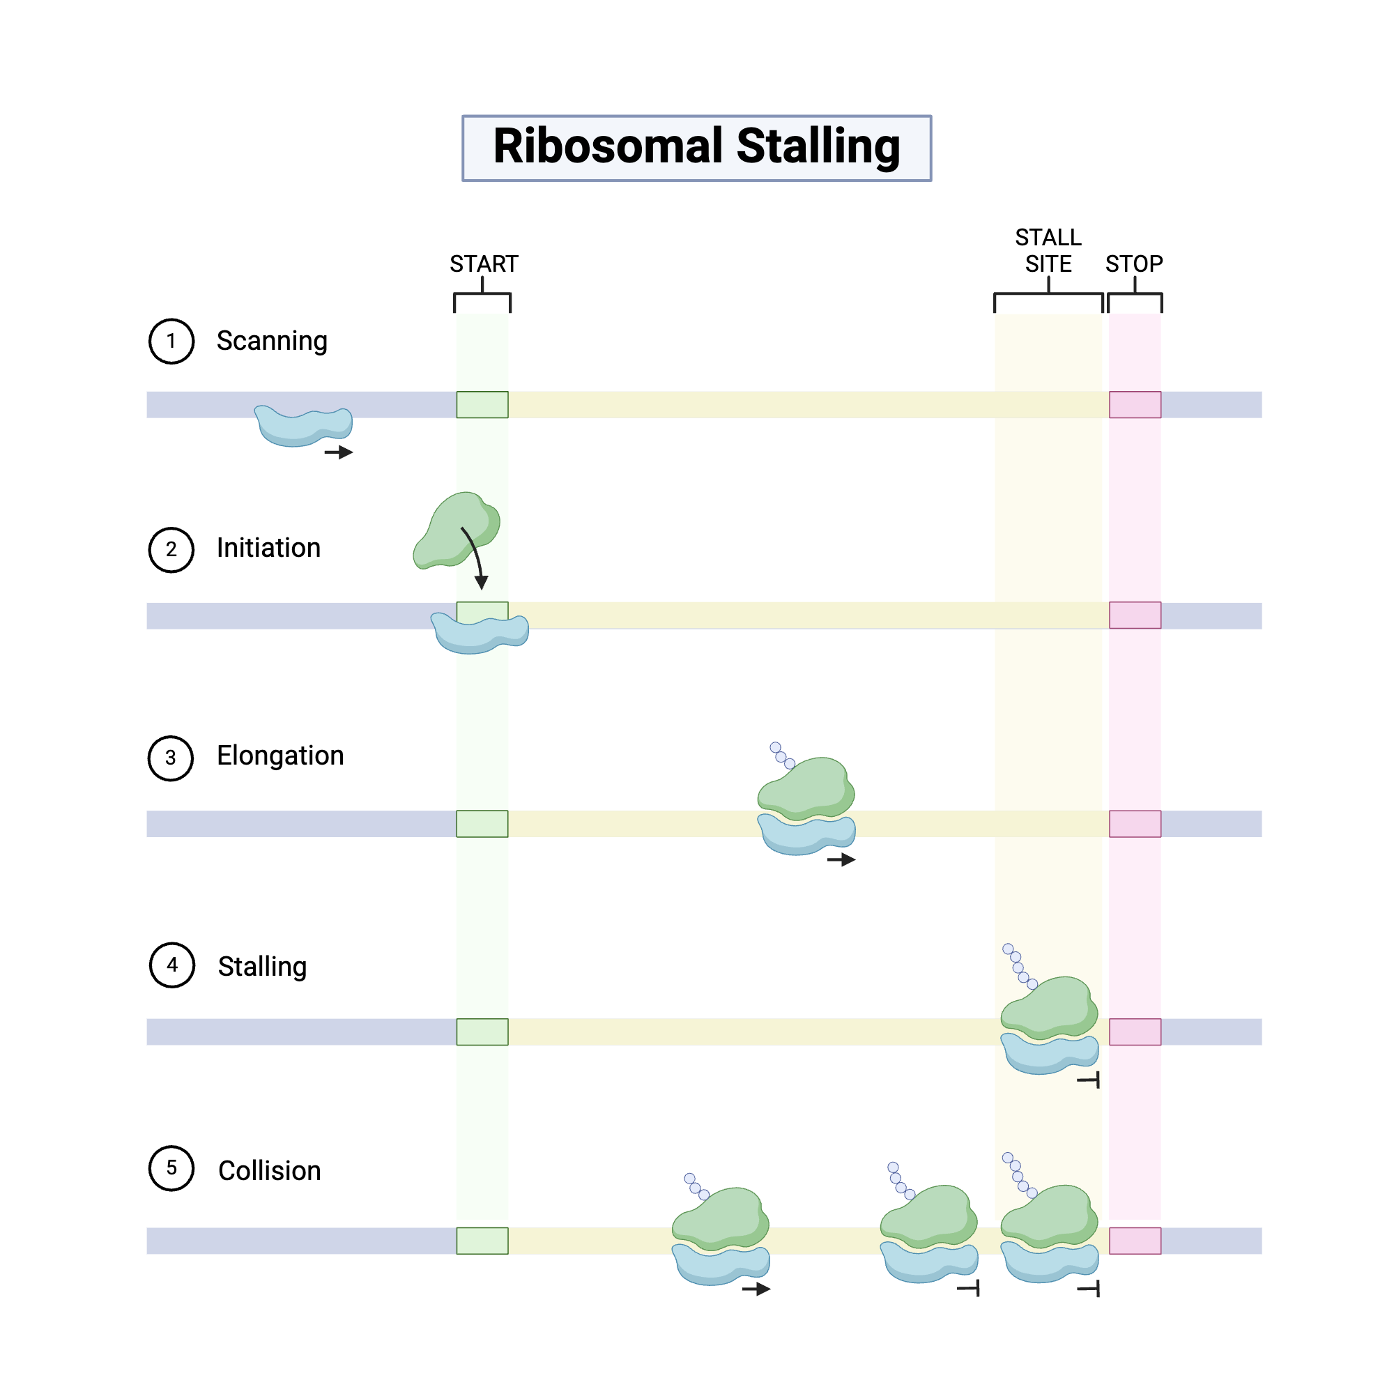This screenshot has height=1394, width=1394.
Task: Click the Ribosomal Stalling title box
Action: tap(696, 148)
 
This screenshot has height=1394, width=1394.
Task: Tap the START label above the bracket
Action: tap(484, 264)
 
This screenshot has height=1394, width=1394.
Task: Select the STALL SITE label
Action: tap(1048, 250)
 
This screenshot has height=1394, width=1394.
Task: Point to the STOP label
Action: tap(1133, 264)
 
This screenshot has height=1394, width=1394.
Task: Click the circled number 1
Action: tap(171, 341)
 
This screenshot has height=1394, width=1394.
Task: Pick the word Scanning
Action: tap(271, 341)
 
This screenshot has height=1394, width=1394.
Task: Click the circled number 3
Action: tap(171, 758)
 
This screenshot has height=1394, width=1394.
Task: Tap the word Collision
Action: tap(269, 1170)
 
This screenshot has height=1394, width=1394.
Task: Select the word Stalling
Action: tap(262, 966)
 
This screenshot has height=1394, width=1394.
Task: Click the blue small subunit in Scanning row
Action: tap(303, 427)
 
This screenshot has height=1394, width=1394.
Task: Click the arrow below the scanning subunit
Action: tap(339, 452)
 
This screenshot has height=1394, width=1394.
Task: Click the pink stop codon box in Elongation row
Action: tap(1134, 823)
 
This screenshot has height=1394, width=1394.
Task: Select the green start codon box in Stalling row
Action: tap(482, 1032)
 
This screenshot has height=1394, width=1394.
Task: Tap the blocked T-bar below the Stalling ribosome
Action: tap(1089, 1080)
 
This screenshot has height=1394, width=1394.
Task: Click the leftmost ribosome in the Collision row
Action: tap(720, 1235)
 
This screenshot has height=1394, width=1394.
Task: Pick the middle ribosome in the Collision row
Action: tap(928, 1234)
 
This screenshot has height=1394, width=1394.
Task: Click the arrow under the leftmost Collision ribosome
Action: tap(756, 1289)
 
